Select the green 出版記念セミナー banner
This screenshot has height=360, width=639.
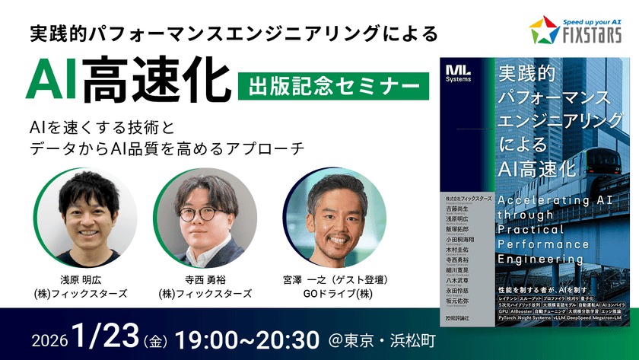pyautogui.click(x=332, y=84)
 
